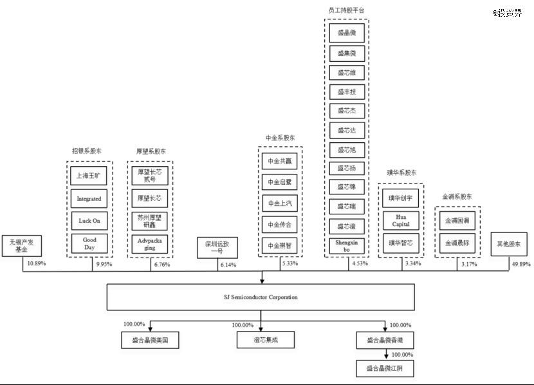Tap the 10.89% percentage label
click(36, 264)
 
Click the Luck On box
click(89, 221)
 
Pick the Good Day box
click(89, 244)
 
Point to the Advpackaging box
click(151, 244)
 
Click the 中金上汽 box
click(280, 203)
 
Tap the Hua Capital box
click(401, 220)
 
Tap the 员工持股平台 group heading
click(343, 10)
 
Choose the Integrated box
click(89, 199)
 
